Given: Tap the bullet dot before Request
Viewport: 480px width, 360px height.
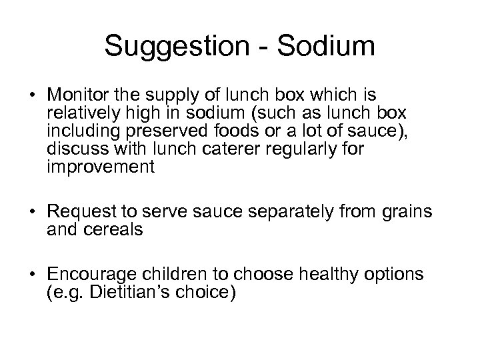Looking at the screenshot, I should coord(33,212).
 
